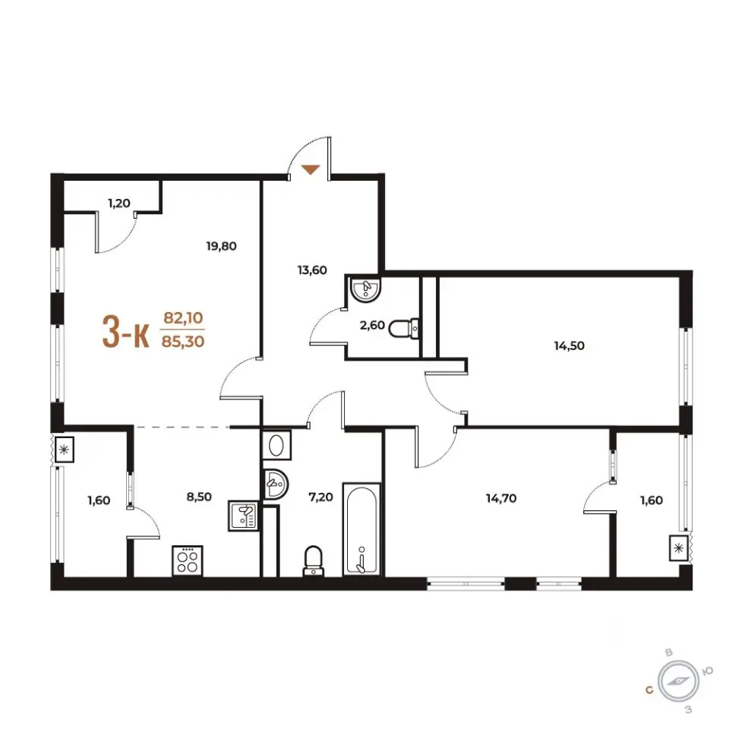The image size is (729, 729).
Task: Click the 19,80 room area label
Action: [221, 245]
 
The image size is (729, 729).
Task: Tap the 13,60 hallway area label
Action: [312, 270]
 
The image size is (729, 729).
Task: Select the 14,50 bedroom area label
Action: [569, 346]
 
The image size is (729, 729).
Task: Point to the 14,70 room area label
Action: [501, 498]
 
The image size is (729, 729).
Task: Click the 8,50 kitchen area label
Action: [199, 497]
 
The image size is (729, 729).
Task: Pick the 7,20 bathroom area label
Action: [320, 497]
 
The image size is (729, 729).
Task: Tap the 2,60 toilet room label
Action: [372, 325]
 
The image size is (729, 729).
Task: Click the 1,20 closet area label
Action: [119, 204]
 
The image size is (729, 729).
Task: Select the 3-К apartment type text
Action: [126, 332]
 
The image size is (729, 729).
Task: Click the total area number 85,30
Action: [183, 342]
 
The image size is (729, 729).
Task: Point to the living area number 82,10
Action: [183, 318]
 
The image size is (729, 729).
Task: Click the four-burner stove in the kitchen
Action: [188, 560]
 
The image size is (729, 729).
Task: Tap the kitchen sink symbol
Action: [244, 516]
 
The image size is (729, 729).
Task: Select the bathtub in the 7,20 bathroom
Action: [361, 529]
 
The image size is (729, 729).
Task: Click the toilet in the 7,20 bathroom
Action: [313, 561]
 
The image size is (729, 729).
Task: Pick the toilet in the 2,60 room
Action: [403, 329]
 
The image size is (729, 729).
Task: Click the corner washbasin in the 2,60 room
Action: [365, 289]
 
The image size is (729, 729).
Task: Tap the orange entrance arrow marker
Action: [311, 169]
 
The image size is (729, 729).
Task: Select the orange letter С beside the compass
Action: [649, 690]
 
